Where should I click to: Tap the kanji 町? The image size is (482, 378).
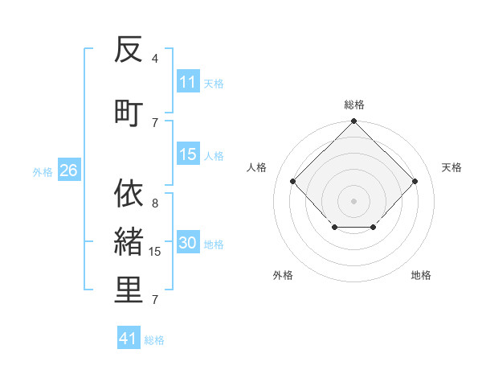(129, 111)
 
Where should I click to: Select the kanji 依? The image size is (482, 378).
(129, 194)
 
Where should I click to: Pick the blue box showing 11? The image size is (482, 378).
(188, 82)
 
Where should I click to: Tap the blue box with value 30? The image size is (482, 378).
(188, 244)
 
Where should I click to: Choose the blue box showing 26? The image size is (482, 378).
(68, 171)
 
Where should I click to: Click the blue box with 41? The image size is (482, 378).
(129, 339)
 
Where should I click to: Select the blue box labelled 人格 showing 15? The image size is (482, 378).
(188, 154)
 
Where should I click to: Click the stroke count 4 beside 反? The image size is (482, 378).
(155, 59)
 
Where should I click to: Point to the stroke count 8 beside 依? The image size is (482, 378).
(155, 203)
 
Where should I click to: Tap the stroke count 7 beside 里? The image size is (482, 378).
(155, 300)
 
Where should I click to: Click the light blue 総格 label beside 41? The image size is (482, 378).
(154, 340)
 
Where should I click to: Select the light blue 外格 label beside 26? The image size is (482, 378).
(43, 171)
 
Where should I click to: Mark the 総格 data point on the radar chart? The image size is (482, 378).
(353, 122)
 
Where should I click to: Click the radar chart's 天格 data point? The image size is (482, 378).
(415, 182)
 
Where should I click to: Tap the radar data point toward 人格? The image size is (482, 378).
(293, 182)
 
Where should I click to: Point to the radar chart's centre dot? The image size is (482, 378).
(353, 200)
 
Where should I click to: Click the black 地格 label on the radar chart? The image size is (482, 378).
(421, 276)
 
